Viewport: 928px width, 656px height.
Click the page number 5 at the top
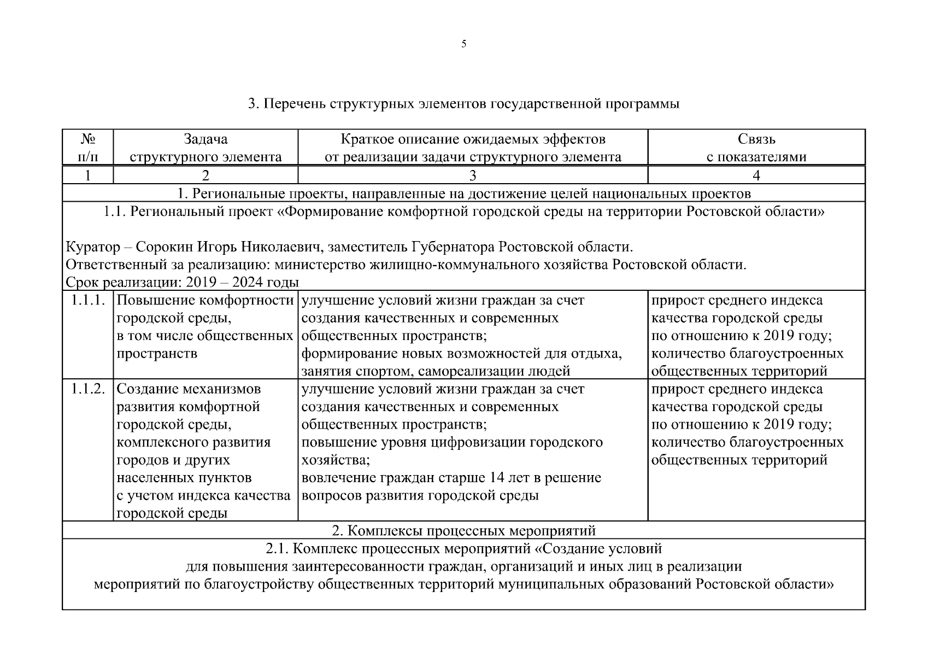coord(463,44)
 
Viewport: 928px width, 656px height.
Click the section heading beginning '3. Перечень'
coord(463,104)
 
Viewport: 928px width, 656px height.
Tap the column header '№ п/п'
coord(88,148)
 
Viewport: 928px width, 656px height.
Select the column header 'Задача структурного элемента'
coord(205,148)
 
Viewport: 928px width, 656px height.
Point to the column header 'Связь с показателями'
coord(756,148)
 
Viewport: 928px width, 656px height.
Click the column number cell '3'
coord(473,175)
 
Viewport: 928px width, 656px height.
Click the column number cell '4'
coord(756,175)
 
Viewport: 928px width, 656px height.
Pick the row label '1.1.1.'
coord(88,301)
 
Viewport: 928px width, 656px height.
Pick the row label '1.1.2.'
coord(88,389)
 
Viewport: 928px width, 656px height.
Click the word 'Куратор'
coord(93,247)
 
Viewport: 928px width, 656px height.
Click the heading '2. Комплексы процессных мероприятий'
coord(463,530)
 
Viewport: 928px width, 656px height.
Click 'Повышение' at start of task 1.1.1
coord(156,301)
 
